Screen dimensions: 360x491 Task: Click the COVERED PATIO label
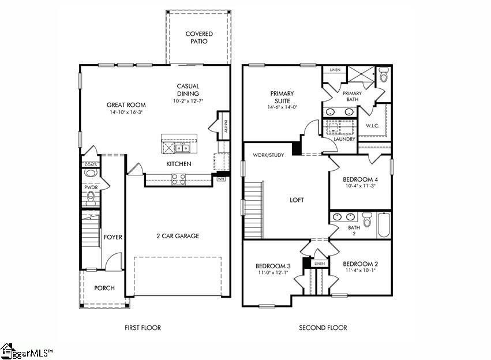coord(199,37)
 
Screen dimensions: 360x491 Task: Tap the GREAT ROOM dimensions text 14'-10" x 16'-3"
coord(126,112)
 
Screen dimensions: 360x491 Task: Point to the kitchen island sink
coord(183,148)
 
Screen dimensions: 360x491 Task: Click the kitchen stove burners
coord(178,179)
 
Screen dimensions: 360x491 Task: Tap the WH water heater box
coord(220,179)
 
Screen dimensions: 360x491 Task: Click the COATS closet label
coord(91,164)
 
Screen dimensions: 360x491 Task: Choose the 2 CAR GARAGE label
coord(178,236)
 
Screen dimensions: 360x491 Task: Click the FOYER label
coord(112,237)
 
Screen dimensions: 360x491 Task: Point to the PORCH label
coord(104,288)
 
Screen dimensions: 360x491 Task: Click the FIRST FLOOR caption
coord(143,328)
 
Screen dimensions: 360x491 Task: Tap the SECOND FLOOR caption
coord(323,328)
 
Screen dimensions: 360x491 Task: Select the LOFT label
coord(297,200)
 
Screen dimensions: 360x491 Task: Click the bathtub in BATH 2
coord(384,226)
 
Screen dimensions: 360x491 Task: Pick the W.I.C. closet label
coord(372,125)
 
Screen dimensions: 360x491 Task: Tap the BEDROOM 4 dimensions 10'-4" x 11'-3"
coord(359,186)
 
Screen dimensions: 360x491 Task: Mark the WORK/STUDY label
coord(268,155)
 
